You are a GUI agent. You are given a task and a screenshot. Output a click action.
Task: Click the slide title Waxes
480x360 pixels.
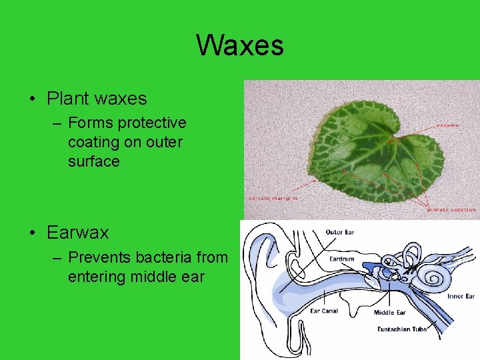(240, 45)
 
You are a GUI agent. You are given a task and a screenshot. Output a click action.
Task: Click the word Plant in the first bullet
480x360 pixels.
(68, 99)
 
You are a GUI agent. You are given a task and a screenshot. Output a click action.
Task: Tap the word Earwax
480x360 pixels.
(77, 233)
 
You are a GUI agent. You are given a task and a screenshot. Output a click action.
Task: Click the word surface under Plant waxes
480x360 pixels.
(93, 162)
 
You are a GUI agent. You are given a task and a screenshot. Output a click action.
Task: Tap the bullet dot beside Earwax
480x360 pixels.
(32, 233)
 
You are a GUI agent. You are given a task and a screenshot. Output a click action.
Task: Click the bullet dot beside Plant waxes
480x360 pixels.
(32, 99)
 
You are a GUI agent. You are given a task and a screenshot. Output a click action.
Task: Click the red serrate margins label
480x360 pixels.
(273, 197)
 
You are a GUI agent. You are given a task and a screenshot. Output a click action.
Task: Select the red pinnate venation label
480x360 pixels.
(451, 209)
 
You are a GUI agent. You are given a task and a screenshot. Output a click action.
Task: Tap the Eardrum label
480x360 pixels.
(341, 259)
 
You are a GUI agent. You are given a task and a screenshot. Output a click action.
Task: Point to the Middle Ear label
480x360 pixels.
(389, 312)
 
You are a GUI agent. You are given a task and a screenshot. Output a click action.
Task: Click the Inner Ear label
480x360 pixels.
(461, 296)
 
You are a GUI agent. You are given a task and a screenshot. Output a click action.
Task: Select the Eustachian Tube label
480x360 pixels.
(402, 329)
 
